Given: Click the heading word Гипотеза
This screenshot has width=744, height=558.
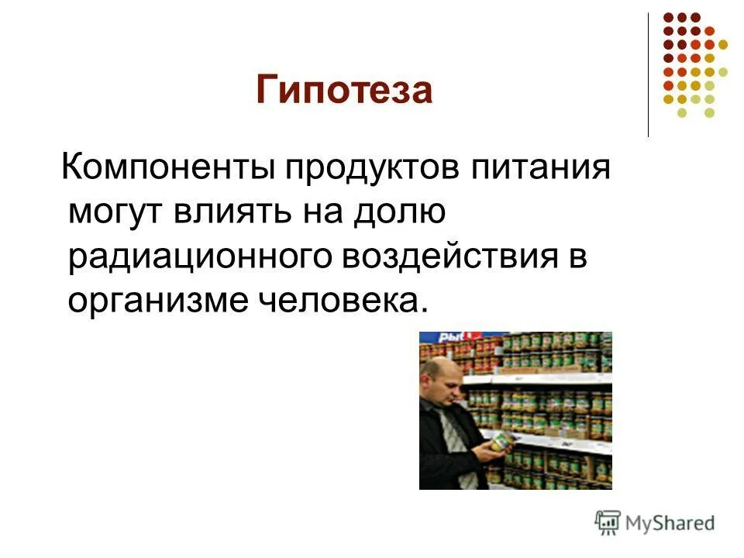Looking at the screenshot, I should pos(344,91).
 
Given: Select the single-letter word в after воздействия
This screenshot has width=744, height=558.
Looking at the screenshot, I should pos(578,257).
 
